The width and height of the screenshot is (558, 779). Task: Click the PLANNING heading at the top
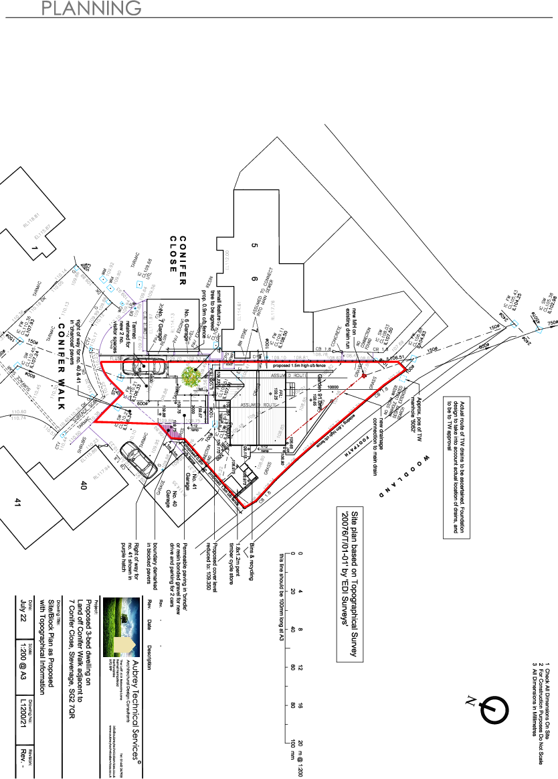pyautogui.click(x=91, y=8)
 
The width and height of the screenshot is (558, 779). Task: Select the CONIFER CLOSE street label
pyautogui.click(x=177, y=255)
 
